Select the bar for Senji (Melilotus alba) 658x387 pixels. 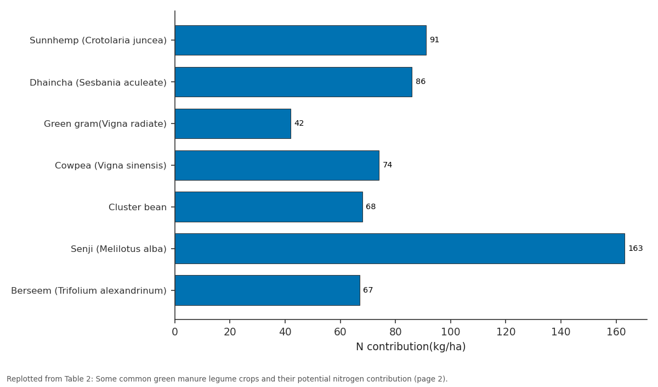coord(400,249)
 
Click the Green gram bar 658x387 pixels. coord(233,124)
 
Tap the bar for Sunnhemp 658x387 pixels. coord(300,40)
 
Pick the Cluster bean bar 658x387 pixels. coord(269,207)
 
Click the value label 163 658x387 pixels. coord(636,249)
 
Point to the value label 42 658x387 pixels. coord(299,123)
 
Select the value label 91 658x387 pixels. coord(434,40)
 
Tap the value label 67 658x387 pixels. coord(368,290)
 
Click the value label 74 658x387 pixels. coord(388,165)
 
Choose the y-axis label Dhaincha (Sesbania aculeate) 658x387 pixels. coord(98,83)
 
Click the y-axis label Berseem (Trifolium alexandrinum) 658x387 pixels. coord(89,290)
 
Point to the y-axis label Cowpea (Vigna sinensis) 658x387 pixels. coord(110,166)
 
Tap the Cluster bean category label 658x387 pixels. coord(138,207)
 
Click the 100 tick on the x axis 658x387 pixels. coord(450,332)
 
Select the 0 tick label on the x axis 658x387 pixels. coord(175,332)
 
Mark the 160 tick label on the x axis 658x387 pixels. coord(616,332)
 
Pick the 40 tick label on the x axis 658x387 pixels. coord(285,332)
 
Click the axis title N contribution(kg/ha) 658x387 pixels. coord(411,347)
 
